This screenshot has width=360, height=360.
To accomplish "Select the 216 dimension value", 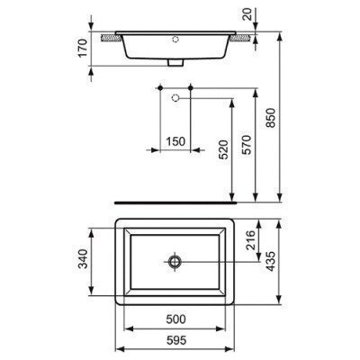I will [251, 240].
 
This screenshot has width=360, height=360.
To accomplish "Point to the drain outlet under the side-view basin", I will [175, 63].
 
